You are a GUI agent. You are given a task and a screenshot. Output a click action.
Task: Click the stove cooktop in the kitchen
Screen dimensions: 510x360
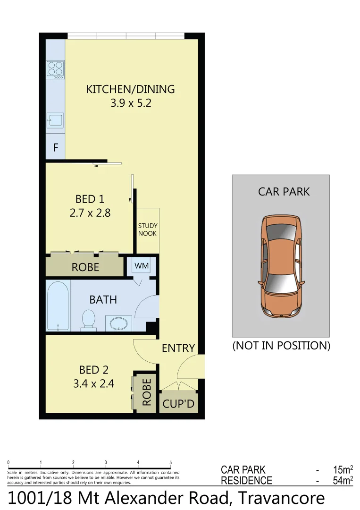click(55, 70)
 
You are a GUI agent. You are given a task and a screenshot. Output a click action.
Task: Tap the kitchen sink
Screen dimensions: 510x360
click(55, 120)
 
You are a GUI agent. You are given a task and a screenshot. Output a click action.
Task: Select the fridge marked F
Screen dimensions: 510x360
click(55, 147)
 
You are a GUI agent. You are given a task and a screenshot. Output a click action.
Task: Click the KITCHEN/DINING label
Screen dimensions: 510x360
click(131, 89)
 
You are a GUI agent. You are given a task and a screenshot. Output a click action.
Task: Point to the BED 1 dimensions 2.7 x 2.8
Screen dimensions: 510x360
click(90, 213)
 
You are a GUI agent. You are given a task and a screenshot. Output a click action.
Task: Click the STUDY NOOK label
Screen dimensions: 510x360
click(148, 229)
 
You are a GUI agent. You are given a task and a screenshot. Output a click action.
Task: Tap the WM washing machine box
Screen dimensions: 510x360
click(142, 266)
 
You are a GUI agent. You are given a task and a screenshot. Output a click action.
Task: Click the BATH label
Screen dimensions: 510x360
click(103, 300)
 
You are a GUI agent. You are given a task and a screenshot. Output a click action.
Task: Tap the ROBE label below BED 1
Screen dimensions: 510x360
click(85, 267)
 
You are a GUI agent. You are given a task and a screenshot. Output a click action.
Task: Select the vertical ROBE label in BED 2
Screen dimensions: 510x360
click(146, 392)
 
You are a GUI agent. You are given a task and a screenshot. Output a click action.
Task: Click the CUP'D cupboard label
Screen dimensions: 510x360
click(178, 405)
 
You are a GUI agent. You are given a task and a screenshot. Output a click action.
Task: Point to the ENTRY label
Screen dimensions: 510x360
click(178, 348)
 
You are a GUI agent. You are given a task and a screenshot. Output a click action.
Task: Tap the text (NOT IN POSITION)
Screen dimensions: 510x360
click(281, 346)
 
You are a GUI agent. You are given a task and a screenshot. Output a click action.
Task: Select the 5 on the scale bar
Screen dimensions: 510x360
click(171, 463)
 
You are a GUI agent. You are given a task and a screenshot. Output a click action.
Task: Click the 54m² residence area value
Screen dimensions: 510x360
click(343, 481)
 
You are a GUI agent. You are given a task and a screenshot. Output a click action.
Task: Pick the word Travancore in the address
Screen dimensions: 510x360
click(281, 499)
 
